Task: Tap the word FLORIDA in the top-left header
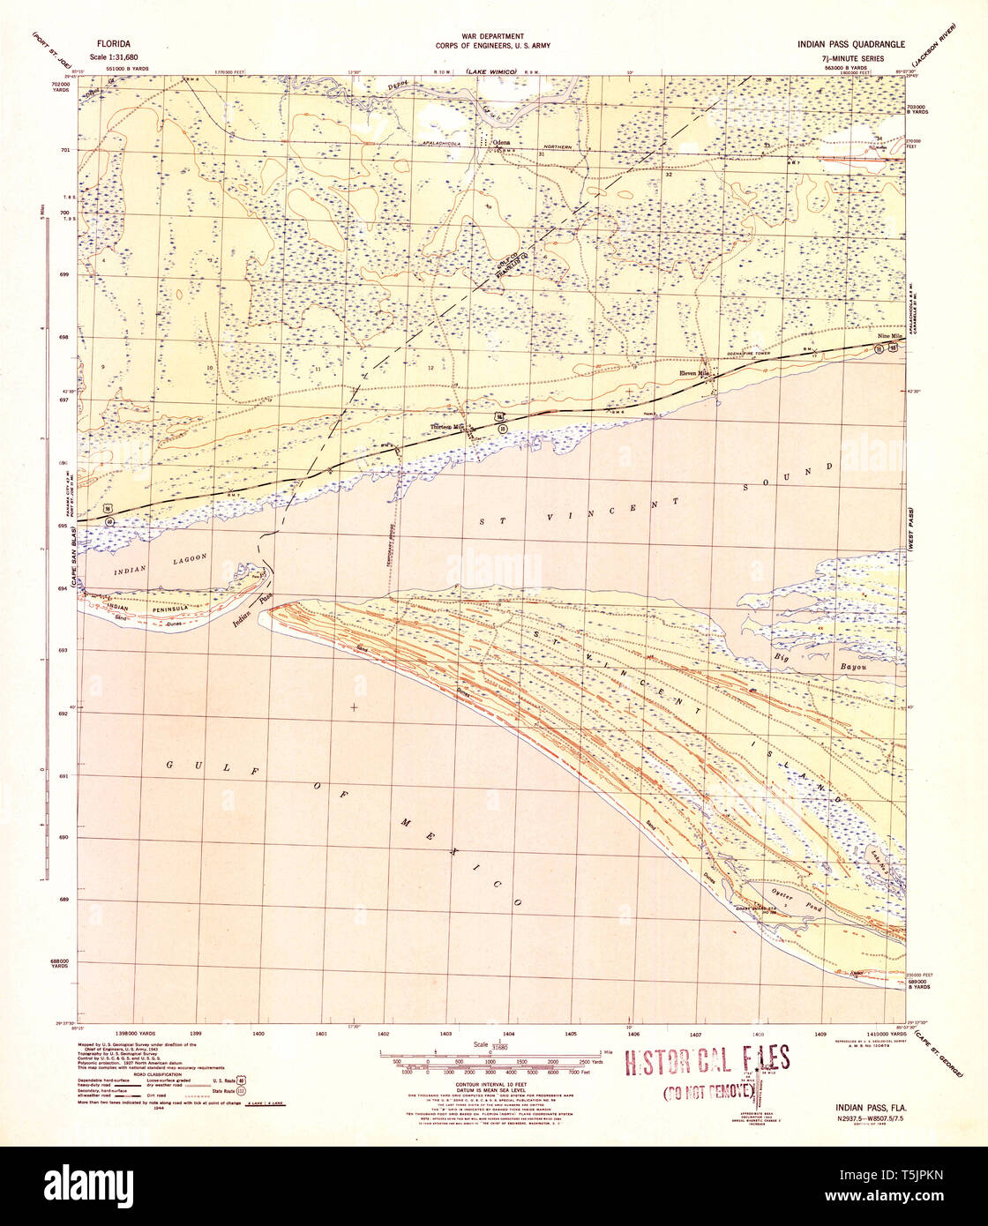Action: click(x=115, y=42)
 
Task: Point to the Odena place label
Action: click(x=502, y=141)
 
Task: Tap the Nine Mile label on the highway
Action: click(x=889, y=337)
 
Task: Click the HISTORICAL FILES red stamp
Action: click(x=707, y=1061)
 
